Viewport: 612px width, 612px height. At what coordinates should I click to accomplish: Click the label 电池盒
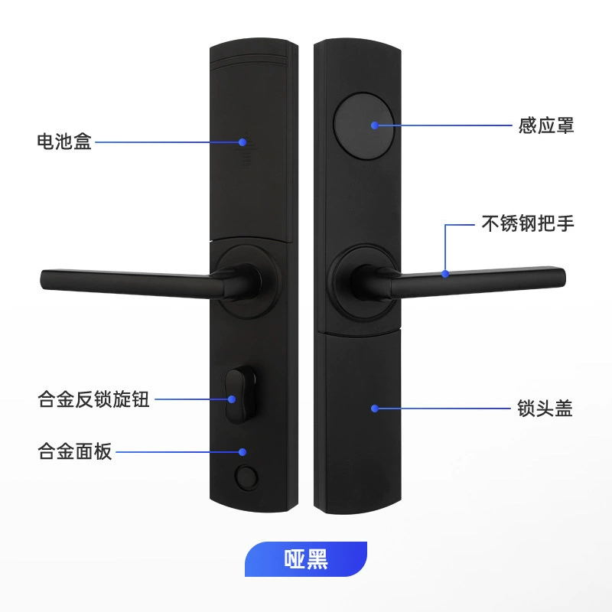click(64, 142)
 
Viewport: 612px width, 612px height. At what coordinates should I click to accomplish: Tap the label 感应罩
click(546, 125)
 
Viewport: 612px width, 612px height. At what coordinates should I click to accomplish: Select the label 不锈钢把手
click(528, 223)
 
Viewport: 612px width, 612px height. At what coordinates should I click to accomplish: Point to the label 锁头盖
click(545, 409)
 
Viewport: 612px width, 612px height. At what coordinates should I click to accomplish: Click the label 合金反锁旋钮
click(93, 399)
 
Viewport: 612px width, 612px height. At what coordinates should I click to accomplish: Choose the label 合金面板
click(75, 451)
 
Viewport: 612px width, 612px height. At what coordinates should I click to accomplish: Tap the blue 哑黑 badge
click(306, 559)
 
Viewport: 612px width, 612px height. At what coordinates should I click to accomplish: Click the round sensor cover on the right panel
click(364, 125)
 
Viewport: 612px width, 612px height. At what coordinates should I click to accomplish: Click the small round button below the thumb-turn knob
click(246, 477)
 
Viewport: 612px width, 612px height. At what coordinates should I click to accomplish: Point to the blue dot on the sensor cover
click(375, 125)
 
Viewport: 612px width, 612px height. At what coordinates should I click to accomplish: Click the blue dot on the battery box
click(243, 142)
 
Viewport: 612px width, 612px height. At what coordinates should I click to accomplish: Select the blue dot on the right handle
click(445, 274)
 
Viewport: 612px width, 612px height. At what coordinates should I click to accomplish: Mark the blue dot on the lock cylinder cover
click(375, 409)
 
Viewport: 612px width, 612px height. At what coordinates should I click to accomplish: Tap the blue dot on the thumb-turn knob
click(232, 399)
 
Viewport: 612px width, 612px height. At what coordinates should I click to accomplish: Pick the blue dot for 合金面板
click(243, 452)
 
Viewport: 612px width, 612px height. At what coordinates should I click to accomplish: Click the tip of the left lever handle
click(42, 279)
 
